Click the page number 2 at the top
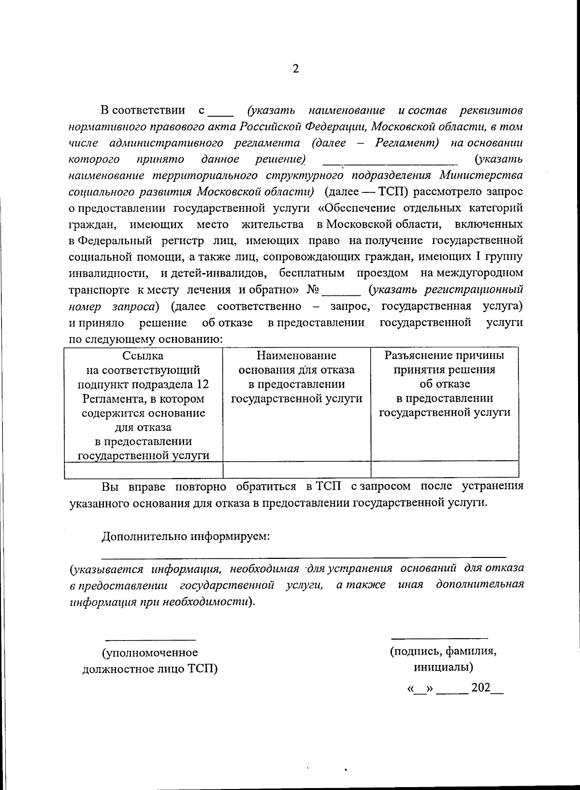click(296, 69)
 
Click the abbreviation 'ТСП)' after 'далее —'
click(393, 191)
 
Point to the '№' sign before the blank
click(313, 290)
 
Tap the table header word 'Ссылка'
click(143, 356)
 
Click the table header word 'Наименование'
click(296, 356)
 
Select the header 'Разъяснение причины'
click(444, 356)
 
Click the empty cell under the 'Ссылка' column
click(143, 469)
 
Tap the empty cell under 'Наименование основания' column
click(296, 469)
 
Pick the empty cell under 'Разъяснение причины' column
click(444, 469)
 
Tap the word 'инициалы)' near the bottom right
click(443, 668)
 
